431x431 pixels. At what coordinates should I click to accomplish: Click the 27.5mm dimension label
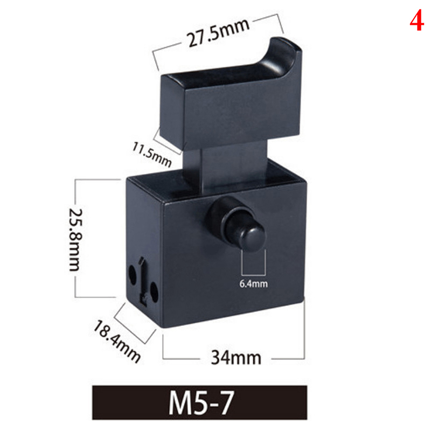click(218, 33)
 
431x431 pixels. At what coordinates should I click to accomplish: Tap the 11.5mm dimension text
click(152, 155)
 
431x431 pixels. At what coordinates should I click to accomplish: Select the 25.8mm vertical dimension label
click(75, 240)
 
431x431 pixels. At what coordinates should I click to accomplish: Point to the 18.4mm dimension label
click(117, 342)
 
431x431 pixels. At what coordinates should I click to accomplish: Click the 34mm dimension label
click(236, 358)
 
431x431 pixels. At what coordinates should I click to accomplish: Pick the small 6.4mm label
click(253, 284)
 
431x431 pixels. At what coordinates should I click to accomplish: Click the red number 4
click(416, 20)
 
